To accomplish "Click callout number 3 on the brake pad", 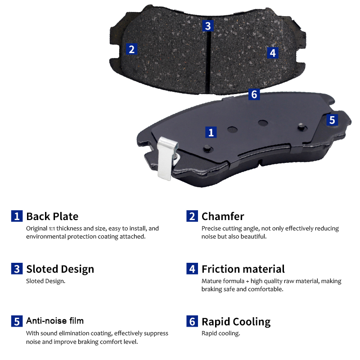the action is (208, 26).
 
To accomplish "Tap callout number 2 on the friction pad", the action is (131, 49).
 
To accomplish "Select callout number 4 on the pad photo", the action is (273, 53).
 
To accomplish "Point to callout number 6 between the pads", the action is (254, 94).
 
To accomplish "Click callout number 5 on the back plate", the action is (332, 120).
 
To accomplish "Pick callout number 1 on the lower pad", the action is (211, 132).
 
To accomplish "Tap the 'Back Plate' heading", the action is (52, 216).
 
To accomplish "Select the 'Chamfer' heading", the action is (223, 216).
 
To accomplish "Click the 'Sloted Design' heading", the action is (60, 269).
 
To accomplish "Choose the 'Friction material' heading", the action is (243, 269).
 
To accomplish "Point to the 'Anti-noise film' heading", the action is (55, 321).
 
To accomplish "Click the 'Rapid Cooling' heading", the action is (236, 322).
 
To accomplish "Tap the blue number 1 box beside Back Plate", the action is (17, 216).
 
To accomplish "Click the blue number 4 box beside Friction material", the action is (192, 269).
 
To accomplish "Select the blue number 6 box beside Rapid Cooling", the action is (192, 321).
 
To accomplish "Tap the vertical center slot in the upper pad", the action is (208, 63).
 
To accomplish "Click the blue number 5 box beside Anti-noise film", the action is (17, 321).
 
